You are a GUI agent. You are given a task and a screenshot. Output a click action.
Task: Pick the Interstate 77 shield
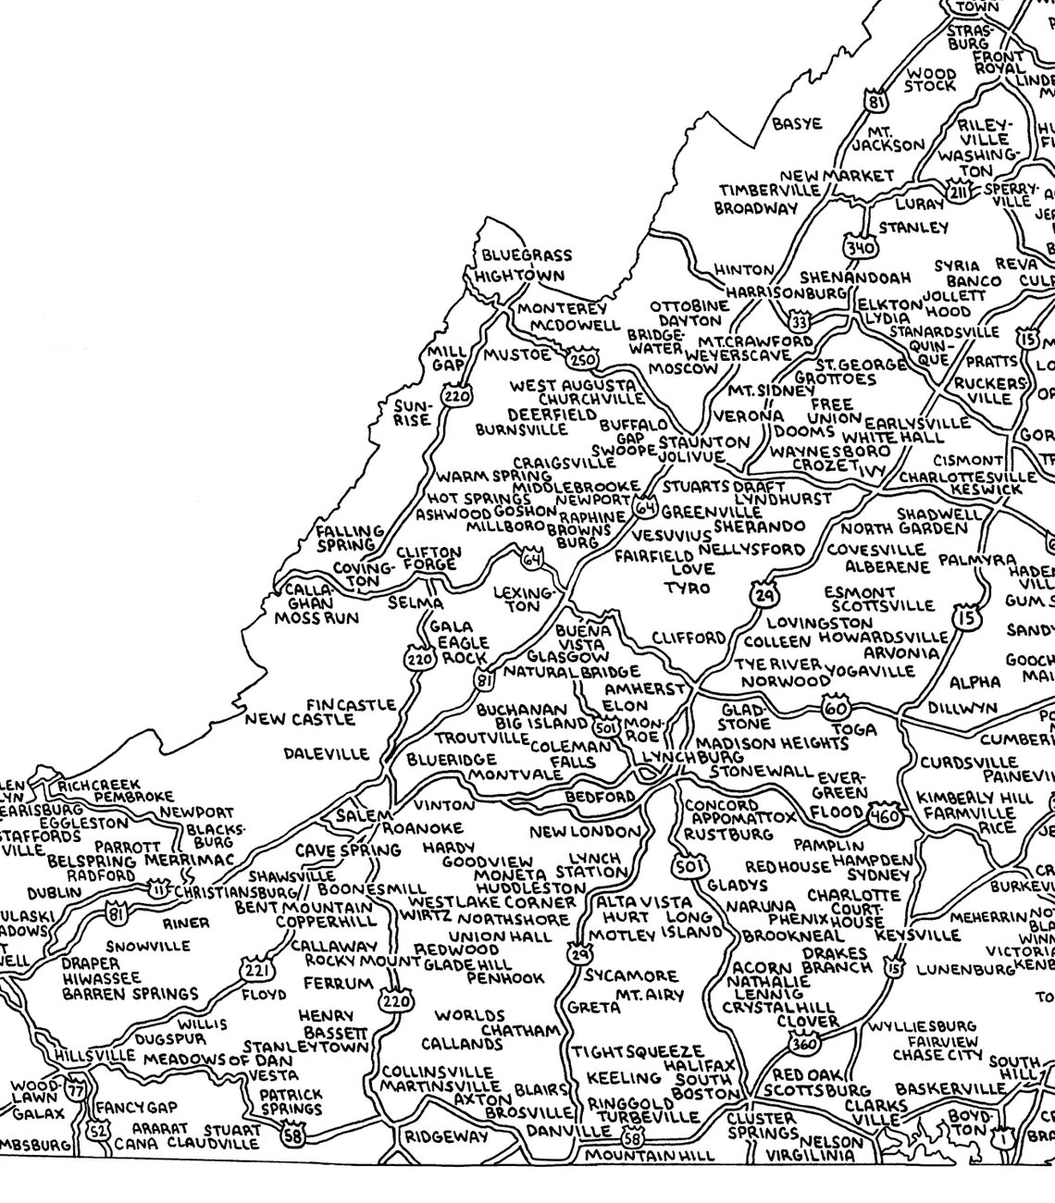[x=75, y=1090]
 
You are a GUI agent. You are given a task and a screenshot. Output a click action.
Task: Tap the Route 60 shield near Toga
[x=833, y=708]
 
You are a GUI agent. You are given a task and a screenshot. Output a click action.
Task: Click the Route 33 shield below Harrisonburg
[x=798, y=321]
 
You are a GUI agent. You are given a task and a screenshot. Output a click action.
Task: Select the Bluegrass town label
[x=527, y=255]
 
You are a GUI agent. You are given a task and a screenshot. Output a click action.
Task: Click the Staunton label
[x=703, y=442]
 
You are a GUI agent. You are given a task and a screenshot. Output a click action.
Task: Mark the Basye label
[x=797, y=123]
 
